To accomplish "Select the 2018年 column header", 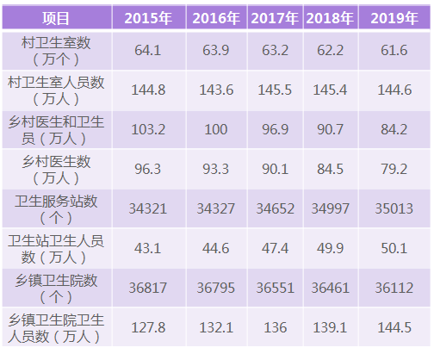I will pyautogui.click(x=330, y=17).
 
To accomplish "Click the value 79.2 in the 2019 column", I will pyautogui.click(x=391, y=169).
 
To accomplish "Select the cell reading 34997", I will pyautogui.click(x=330, y=208).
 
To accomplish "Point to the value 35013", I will pyautogui.click(x=391, y=208).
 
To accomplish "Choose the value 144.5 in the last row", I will pyautogui.click(x=391, y=327).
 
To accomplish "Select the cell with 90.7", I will pyautogui.click(x=330, y=129).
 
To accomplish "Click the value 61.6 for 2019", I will pyautogui.click(x=391, y=51).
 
